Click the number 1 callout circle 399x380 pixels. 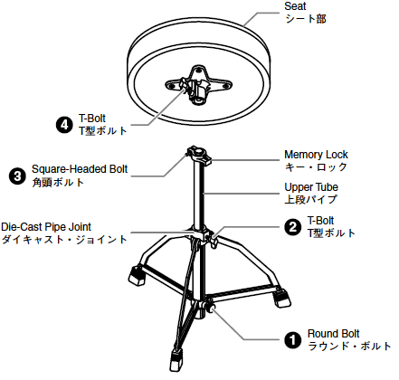(293, 340)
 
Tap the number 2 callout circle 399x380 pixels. (293, 227)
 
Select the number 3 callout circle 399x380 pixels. (17, 176)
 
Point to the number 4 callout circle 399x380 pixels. (64, 125)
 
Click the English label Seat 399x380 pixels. (295, 6)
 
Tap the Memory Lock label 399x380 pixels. (316, 155)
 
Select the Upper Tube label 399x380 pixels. (311, 187)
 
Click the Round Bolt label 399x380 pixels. (333, 334)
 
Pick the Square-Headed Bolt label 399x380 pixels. (80, 169)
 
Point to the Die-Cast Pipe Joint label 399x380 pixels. (46, 227)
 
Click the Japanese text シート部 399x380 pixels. (306, 19)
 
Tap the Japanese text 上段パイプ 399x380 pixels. (310, 199)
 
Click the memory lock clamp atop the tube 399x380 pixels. (198, 154)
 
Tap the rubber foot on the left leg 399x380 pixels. (137, 275)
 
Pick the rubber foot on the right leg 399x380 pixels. (281, 299)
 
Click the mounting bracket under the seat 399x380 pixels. (198, 84)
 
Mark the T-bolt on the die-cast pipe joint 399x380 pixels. (214, 241)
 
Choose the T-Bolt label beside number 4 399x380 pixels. (92, 119)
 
